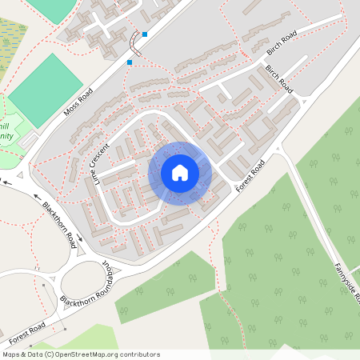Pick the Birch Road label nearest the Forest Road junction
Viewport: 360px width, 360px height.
pos(281,81)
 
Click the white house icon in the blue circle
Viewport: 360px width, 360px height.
pos(179,173)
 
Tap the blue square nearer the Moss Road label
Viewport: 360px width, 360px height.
pos(130,62)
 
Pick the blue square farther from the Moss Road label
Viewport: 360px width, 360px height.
pos(145,34)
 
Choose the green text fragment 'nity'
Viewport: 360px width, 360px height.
pos(6,137)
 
